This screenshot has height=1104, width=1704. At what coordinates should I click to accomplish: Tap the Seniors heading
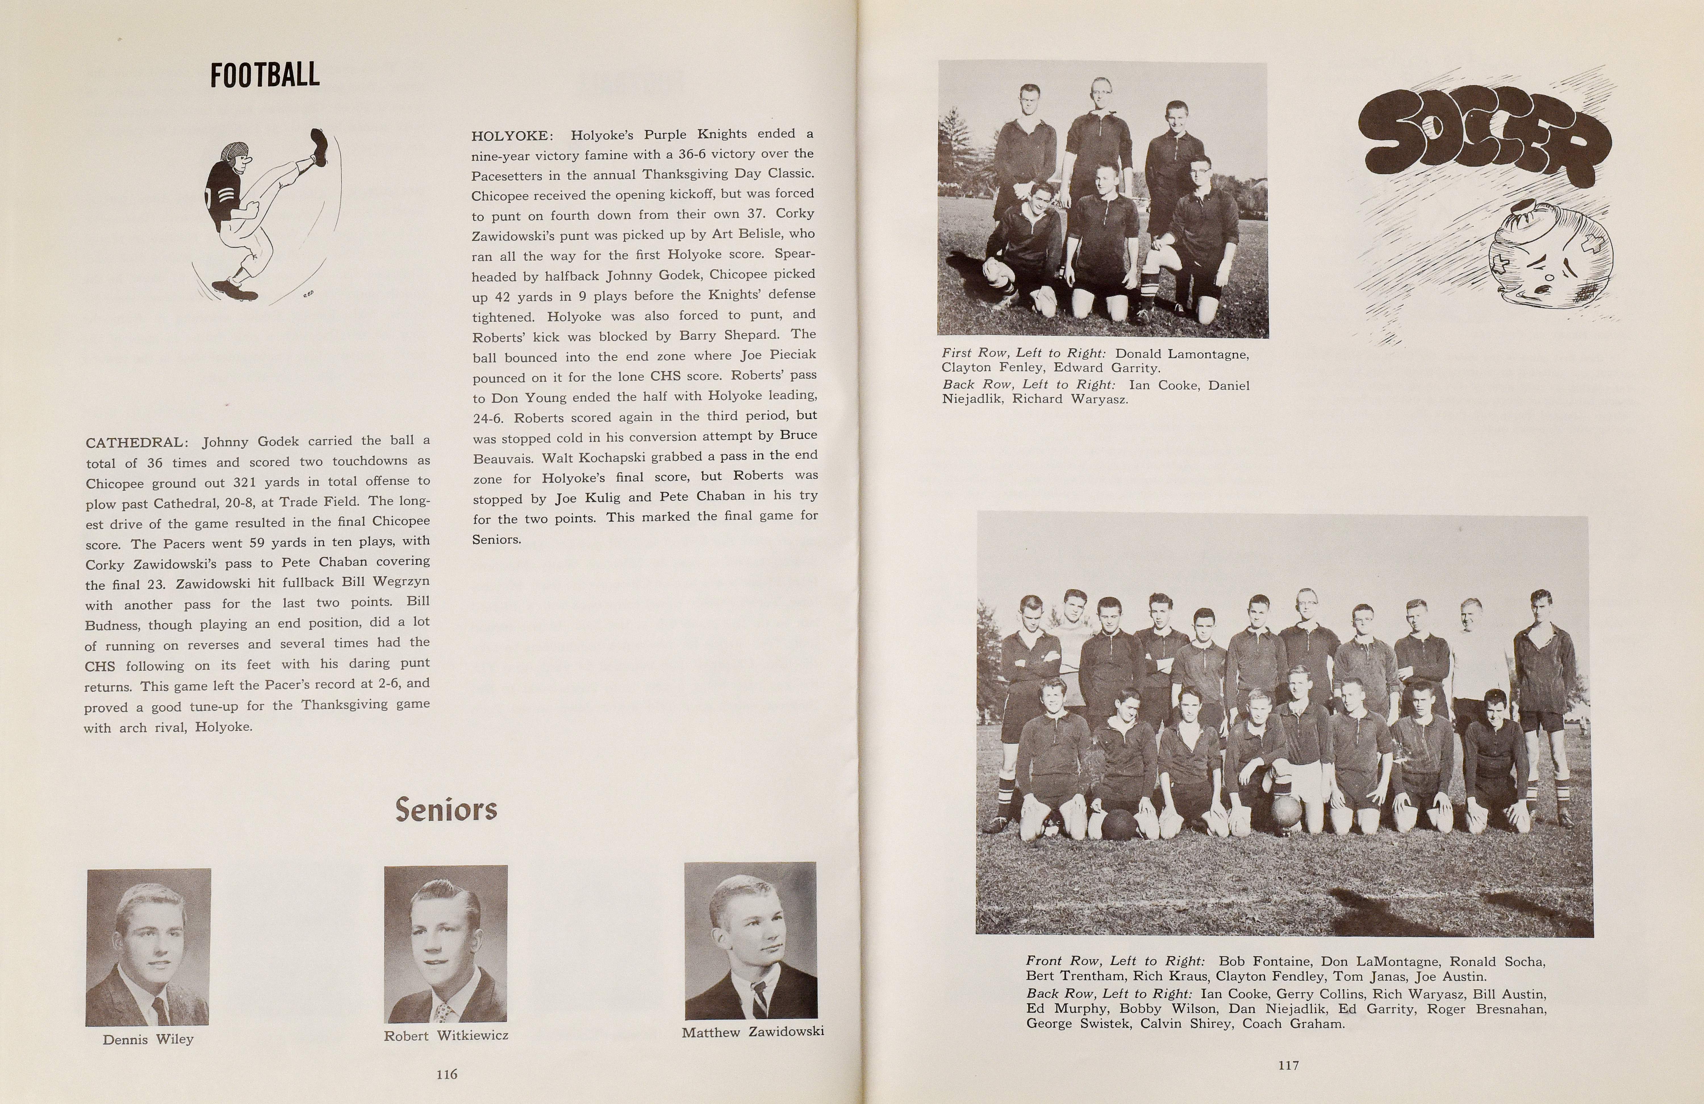pyautogui.click(x=446, y=810)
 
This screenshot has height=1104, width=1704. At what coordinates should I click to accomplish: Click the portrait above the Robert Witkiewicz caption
pyautogui.click(x=445, y=943)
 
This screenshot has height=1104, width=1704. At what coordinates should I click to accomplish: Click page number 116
pyautogui.click(x=447, y=1074)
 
